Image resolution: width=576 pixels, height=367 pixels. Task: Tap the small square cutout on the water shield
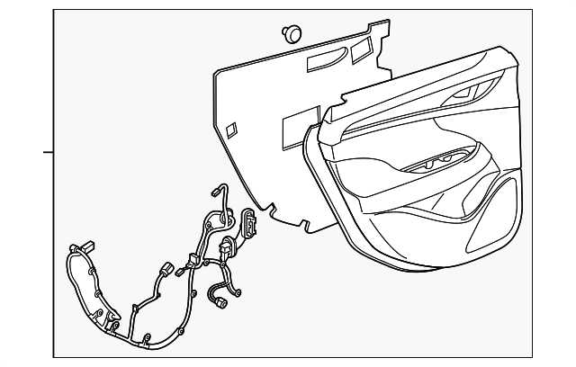coord(230,129)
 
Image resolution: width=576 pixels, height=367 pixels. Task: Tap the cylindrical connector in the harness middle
coord(165,268)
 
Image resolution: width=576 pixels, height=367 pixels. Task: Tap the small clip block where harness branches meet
coord(190,261)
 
